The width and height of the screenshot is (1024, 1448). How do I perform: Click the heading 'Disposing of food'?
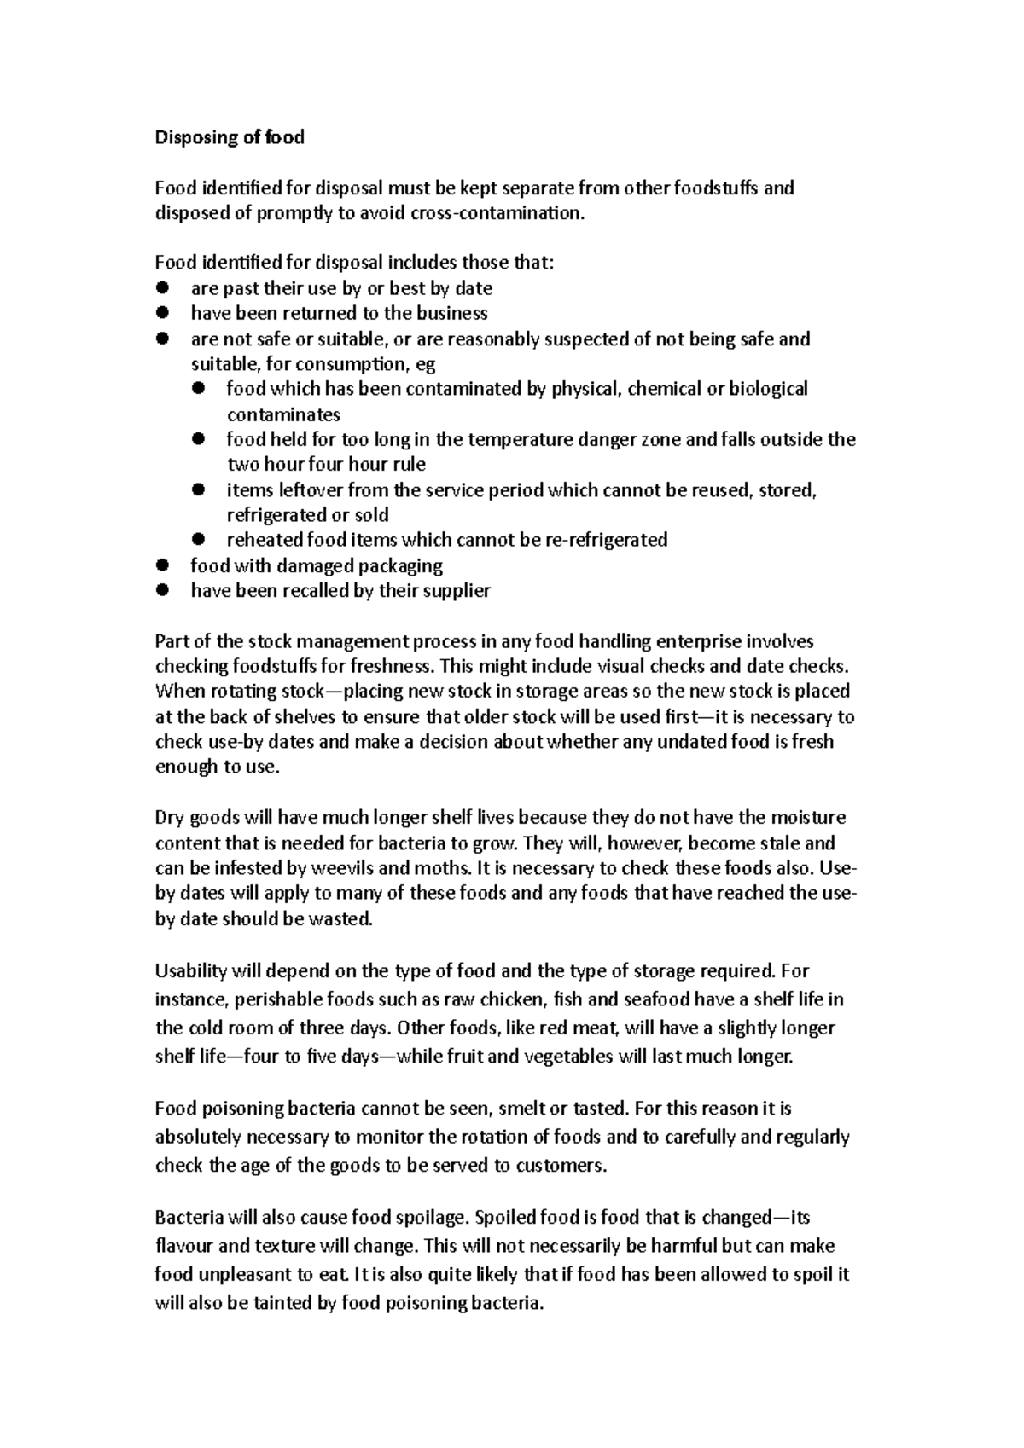coord(229,137)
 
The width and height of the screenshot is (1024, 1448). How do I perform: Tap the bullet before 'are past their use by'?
coord(162,288)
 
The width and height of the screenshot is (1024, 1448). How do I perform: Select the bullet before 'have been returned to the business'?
coord(162,313)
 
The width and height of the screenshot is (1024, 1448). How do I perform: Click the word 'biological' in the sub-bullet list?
coord(765,389)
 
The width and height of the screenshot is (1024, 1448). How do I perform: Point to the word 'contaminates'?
coord(282,415)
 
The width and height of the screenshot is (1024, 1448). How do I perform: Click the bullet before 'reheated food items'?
coord(199,539)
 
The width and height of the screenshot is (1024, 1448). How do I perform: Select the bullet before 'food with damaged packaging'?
coord(162,565)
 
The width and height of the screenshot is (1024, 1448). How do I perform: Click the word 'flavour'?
coord(183,1246)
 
